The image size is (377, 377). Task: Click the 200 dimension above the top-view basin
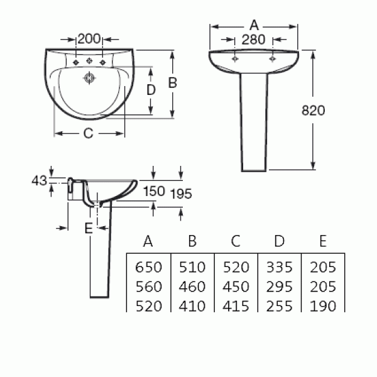(89, 39)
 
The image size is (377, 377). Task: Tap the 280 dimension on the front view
(253, 40)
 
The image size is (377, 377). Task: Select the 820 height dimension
(313, 111)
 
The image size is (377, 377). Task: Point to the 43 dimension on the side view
(39, 180)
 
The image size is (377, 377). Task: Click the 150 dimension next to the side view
(154, 191)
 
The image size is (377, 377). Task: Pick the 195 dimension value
(181, 194)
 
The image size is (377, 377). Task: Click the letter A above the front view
(254, 25)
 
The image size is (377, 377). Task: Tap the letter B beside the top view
(173, 83)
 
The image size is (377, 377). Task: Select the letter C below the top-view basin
(88, 133)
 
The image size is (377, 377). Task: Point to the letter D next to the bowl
(151, 90)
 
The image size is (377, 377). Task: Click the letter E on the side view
(89, 228)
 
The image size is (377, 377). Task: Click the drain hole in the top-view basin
(89, 78)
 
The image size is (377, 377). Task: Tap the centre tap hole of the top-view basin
(89, 60)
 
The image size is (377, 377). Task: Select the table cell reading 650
(148, 267)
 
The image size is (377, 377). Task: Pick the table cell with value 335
(279, 267)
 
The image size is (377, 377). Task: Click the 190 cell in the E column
(323, 307)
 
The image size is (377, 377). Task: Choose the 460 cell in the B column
(192, 287)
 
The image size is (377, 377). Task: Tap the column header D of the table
(279, 241)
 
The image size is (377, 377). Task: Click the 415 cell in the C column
(236, 307)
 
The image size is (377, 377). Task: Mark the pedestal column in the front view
(254, 122)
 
